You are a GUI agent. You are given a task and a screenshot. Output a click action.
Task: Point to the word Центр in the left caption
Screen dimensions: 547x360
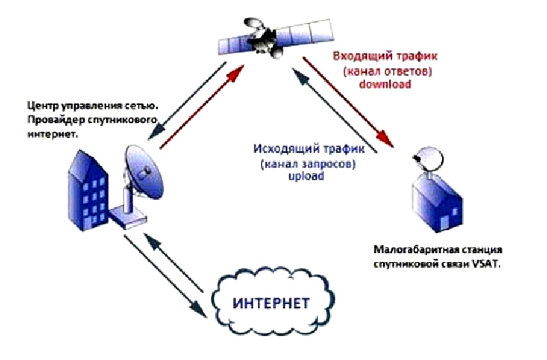(40, 106)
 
